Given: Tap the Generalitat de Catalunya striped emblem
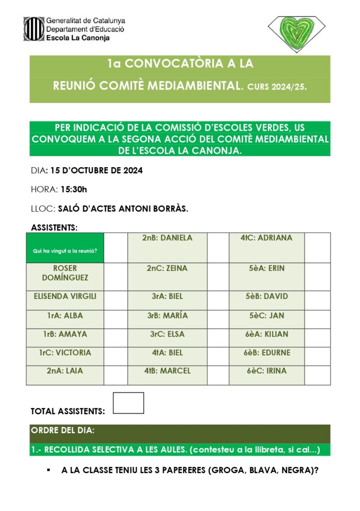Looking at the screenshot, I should [x=34, y=29].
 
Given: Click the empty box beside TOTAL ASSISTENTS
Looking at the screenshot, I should [x=128, y=403].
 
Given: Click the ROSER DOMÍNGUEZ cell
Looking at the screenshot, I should [x=65, y=273].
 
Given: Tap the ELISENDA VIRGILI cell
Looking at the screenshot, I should [x=65, y=296].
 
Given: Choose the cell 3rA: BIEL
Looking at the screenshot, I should [x=167, y=296].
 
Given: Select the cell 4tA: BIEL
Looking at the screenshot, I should [x=167, y=353].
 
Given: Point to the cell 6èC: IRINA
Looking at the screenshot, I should [x=266, y=371].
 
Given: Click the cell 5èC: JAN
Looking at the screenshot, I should [x=266, y=315].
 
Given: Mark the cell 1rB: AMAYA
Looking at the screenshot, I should [x=65, y=334].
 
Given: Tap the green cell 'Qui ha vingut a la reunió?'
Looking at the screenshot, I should [x=65, y=248].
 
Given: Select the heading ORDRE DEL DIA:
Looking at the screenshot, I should [x=63, y=431].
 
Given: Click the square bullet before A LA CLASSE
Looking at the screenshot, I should [x=48, y=470].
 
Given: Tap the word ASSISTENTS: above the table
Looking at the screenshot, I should [x=54, y=228].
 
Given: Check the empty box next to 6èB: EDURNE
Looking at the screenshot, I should [x=317, y=353].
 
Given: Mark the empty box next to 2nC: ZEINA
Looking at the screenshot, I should [x=217, y=273].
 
